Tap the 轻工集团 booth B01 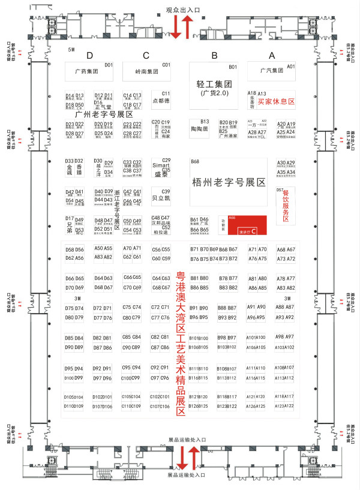tap(214, 84)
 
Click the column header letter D tap(89, 56)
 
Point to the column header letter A tap(272, 56)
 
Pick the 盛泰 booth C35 tap(162, 172)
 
